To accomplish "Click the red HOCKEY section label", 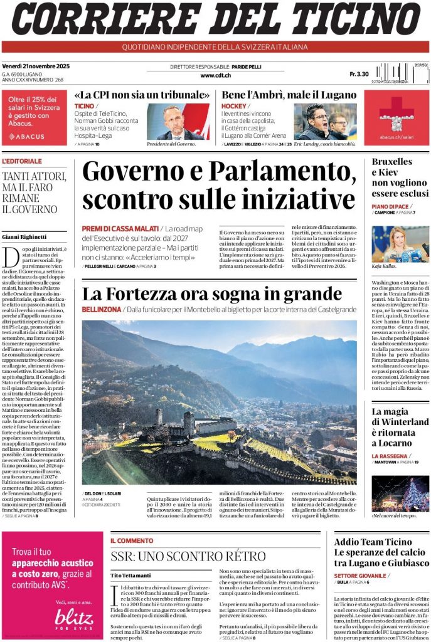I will click(x=233, y=106).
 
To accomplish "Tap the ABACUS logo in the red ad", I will click(x=27, y=136).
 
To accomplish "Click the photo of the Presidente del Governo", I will click(x=178, y=122).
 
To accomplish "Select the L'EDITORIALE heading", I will click(x=23, y=161).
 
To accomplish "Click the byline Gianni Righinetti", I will click(x=24, y=236).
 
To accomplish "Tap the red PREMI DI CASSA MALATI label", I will click(x=120, y=229).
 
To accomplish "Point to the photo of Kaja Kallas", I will click(x=400, y=244).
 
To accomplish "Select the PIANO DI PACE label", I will click(x=390, y=206).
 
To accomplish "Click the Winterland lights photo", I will click(x=400, y=493).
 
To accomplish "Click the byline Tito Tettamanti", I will click(x=131, y=575).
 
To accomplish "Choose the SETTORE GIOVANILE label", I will click(x=360, y=575).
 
